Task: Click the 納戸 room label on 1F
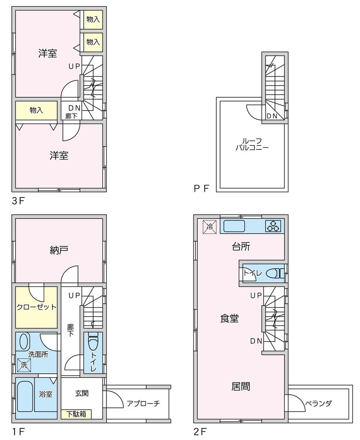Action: [59, 250]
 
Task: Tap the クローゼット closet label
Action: [36, 307]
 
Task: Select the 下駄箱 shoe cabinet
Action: [76, 414]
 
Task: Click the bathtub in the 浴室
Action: [25, 396]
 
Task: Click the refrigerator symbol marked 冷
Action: [210, 227]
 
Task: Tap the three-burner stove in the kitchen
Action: [273, 226]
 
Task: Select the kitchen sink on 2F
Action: [234, 226]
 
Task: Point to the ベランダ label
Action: [318, 403]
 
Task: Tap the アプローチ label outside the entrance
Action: [143, 404]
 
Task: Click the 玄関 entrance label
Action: [82, 394]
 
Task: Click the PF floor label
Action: [202, 189]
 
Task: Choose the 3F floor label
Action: [18, 201]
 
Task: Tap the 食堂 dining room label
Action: [229, 319]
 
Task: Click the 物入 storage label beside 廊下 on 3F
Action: [36, 110]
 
